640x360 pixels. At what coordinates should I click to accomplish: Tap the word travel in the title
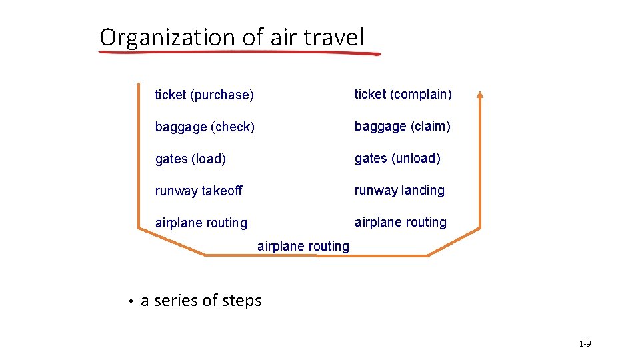coord(335,37)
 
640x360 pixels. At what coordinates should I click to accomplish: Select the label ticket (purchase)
coord(204,95)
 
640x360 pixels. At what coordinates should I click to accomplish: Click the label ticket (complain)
coord(403,95)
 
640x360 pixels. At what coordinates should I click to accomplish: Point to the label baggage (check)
coord(205,127)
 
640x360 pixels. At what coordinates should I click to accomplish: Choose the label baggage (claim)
coord(402,126)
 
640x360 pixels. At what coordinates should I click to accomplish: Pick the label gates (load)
coord(190,159)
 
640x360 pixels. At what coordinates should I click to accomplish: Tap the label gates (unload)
coord(397,158)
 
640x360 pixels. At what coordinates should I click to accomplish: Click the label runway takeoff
coord(199,191)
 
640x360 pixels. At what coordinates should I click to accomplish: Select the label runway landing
coord(399,190)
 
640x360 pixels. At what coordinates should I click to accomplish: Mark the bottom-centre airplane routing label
coord(303,246)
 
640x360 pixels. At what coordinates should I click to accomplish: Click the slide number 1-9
coord(585,344)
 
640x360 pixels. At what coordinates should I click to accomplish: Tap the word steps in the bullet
coord(243,301)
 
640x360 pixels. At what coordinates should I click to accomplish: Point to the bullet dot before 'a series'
coord(132,302)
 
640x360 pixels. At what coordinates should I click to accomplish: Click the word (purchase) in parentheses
coord(221,95)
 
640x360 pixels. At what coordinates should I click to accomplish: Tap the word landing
coord(423,190)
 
